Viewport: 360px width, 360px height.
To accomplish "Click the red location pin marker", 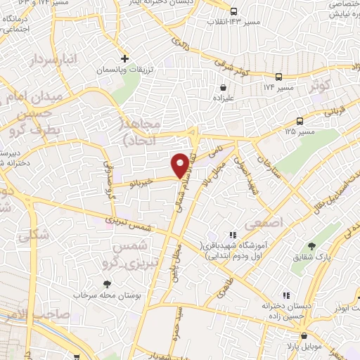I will coord(181,165).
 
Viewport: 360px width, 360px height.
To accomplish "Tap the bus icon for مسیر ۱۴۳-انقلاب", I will coord(234,11).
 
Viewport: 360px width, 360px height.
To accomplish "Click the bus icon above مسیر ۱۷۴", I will coord(279,77).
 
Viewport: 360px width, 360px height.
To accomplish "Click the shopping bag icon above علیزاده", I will coord(224,89).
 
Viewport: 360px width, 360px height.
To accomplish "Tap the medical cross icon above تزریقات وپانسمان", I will coord(124,58).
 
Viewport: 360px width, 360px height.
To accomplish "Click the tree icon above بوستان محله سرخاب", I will coord(107,284).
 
